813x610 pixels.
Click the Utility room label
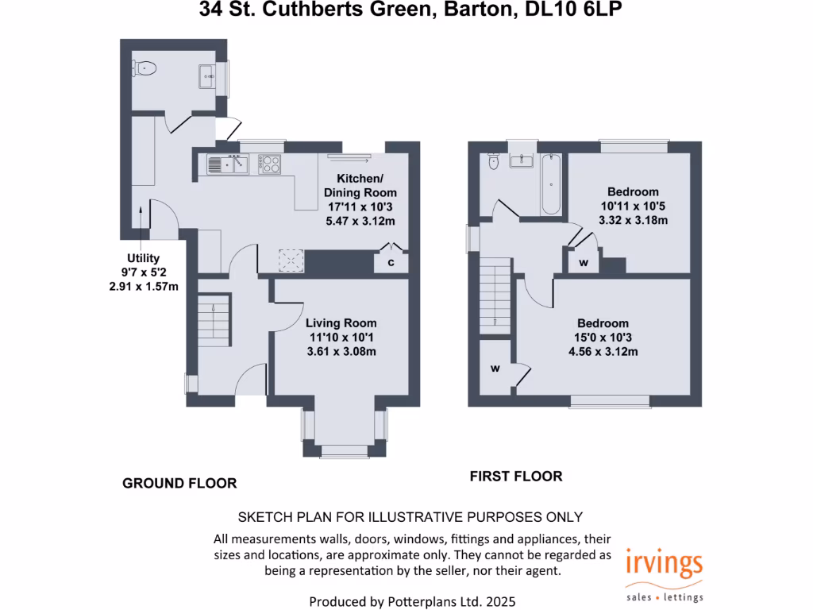(143, 258)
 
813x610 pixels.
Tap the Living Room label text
(341, 323)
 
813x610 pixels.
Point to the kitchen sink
(227, 164)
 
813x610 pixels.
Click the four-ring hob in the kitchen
(271, 164)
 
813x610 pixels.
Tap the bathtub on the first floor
(551, 185)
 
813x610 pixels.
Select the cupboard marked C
(391, 262)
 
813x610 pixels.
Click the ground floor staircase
(213, 319)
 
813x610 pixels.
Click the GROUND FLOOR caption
(179, 483)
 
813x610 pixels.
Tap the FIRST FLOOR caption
(516, 477)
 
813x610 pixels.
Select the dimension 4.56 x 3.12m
(603, 351)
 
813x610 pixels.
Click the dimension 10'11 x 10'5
(633, 206)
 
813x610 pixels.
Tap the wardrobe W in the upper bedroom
(584, 263)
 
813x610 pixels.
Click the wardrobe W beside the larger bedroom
(495, 369)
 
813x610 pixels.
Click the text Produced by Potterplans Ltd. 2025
(406, 600)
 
